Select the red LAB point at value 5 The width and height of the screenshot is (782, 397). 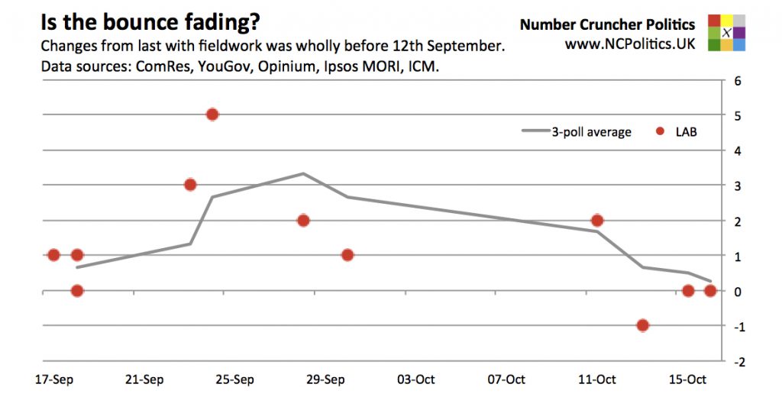[212, 115]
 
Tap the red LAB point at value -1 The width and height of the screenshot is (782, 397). [642, 325]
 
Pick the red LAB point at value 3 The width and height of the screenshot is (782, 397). [190, 184]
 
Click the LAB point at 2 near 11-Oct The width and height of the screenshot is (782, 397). [597, 221]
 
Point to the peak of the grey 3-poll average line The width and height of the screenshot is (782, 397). [303, 173]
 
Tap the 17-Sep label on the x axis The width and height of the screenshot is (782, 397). [53, 379]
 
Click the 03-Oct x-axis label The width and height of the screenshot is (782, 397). [415, 379]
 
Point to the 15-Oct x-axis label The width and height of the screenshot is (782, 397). [687, 379]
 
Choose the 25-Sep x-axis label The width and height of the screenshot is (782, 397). [234, 379]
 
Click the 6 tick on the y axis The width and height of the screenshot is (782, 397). [738, 80]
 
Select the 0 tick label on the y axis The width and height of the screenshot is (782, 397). [738, 292]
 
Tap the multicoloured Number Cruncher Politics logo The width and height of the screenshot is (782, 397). [725, 33]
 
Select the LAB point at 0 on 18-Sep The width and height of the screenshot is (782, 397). [76, 290]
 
